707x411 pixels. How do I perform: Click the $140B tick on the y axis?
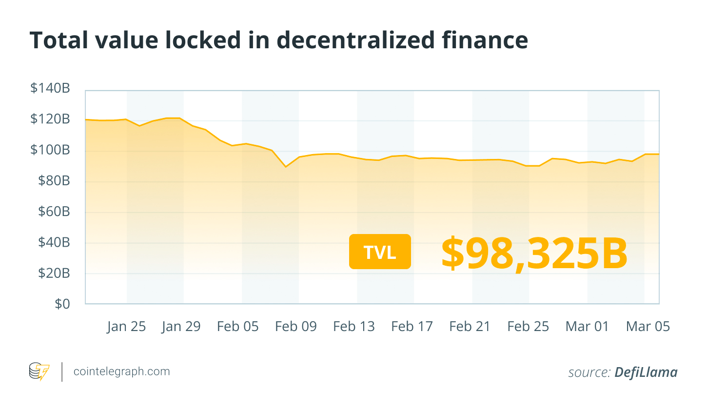point(50,88)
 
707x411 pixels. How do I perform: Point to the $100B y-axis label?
point(50,150)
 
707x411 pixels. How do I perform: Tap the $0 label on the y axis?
point(62,304)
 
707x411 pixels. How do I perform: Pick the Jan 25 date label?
point(126,326)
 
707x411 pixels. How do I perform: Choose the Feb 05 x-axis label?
point(237,326)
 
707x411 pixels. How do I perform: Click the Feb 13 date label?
point(353,326)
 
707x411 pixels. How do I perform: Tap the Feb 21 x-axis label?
point(470,326)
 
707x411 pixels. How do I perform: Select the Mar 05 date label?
point(648,326)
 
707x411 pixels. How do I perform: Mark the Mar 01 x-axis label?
point(587,326)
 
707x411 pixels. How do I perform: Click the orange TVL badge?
point(380,252)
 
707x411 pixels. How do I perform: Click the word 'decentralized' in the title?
point(355,40)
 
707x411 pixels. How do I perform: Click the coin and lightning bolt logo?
point(39,372)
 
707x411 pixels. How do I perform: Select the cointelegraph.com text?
point(121,372)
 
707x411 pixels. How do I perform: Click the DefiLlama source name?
point(646,372)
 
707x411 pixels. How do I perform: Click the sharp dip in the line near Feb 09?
point(286,167)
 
